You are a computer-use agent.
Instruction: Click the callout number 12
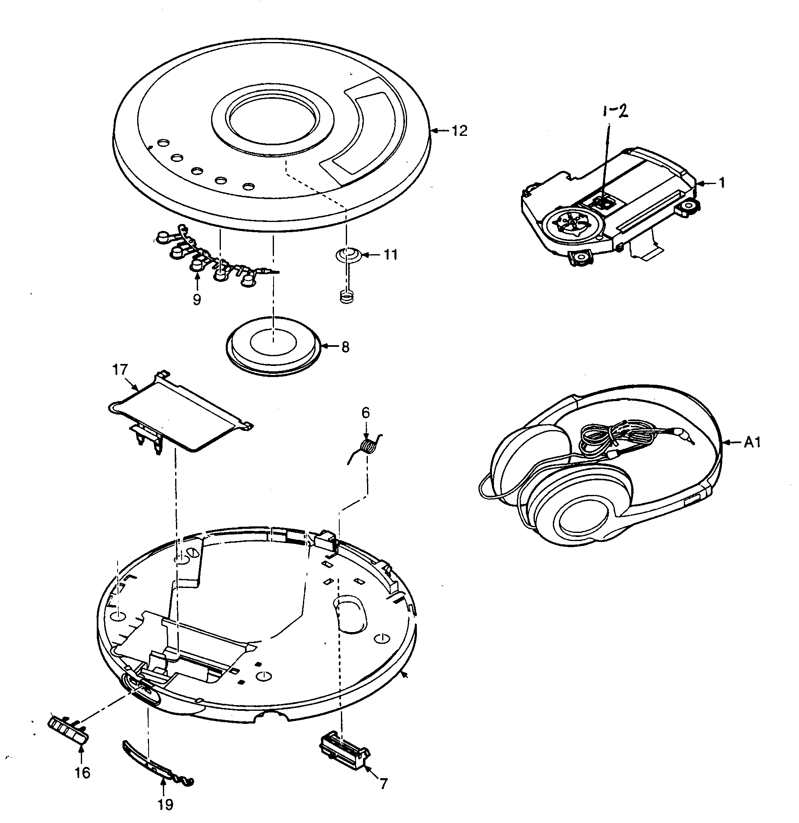[459, 131]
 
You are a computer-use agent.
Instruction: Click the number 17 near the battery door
[120, 370]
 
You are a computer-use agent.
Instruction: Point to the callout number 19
[165, 804]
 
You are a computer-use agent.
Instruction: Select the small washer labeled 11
[347, 255]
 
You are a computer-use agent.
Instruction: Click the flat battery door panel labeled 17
[176, 414]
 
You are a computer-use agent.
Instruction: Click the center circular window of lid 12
[273, 119]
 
